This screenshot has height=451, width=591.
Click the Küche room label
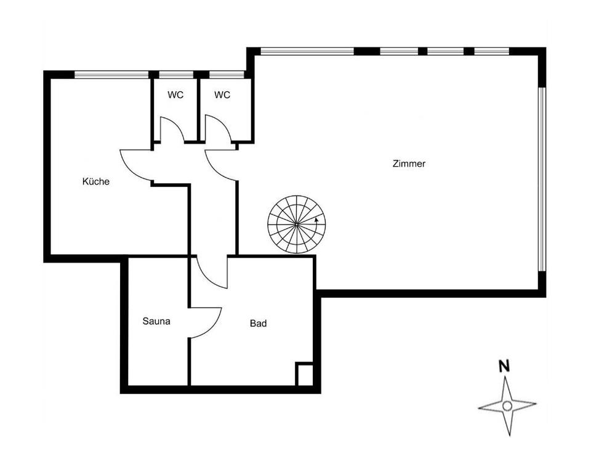95,182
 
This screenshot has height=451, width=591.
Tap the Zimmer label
409,164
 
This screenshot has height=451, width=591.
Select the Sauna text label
156,321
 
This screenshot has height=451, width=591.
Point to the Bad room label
258,323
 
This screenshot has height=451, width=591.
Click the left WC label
175,95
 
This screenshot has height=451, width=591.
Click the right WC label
222,95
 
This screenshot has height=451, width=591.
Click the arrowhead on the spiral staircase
316,218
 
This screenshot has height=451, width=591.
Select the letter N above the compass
504,365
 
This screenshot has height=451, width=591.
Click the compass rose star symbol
507,405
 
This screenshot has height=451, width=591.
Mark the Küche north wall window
111,75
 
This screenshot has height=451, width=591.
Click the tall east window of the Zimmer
542,178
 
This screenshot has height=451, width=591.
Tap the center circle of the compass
507,405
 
